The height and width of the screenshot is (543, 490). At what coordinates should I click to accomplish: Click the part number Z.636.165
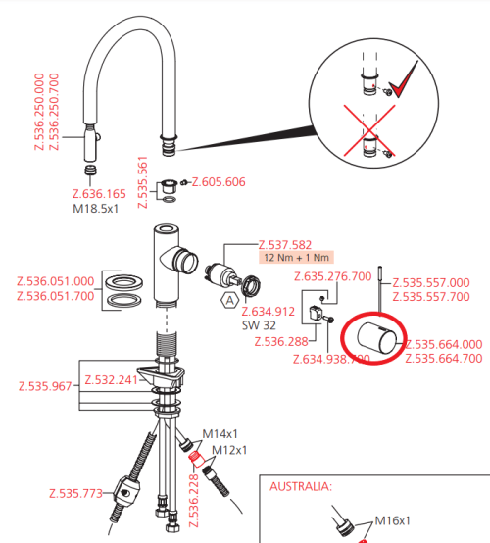[99, 194]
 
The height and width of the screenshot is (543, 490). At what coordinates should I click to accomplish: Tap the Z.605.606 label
[219, 181]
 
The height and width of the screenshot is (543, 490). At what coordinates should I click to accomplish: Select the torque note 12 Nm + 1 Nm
[296, 258]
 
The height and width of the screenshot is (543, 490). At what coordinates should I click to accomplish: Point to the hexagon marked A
[229, 301]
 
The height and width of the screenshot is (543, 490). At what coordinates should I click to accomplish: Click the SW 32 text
[259, 325]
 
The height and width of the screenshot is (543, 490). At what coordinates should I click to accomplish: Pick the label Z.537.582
[285, 245]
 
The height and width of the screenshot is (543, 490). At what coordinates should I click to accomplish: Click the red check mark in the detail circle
[403, 80]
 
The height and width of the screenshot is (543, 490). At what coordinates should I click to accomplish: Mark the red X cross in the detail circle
[369, 130]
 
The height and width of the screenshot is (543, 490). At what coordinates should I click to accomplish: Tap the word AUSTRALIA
[301, 486]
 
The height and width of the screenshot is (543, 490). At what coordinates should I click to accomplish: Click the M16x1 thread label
[393, 520]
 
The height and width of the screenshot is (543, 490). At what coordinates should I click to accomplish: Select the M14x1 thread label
[220, 433]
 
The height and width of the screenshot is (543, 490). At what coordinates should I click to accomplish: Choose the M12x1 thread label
[229, 450]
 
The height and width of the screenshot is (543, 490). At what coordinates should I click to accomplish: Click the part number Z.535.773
[75, 493]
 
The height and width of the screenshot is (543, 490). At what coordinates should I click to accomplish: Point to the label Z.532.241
[112, 380]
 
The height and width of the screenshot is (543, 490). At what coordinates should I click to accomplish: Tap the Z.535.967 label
[45, 386]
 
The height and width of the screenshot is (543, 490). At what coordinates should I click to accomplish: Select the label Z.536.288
[281, 342]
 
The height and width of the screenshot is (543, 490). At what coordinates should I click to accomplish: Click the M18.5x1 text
[96, 209]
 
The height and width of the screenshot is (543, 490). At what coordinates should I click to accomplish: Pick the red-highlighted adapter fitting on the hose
[197, 459]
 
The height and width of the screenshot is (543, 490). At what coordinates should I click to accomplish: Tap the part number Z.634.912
[269, 312]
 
